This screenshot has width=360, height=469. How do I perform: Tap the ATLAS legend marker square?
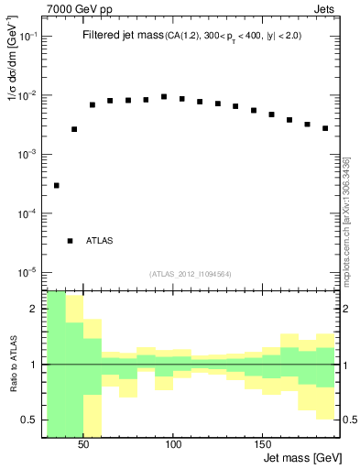coord(71,241)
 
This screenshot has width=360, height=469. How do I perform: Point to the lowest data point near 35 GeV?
coord(56,185)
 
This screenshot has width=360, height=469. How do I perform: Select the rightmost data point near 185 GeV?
coord(325,128)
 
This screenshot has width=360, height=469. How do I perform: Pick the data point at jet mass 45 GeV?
coord(74,129)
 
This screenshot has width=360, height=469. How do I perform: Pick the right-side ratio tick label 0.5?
coord(350,419)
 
